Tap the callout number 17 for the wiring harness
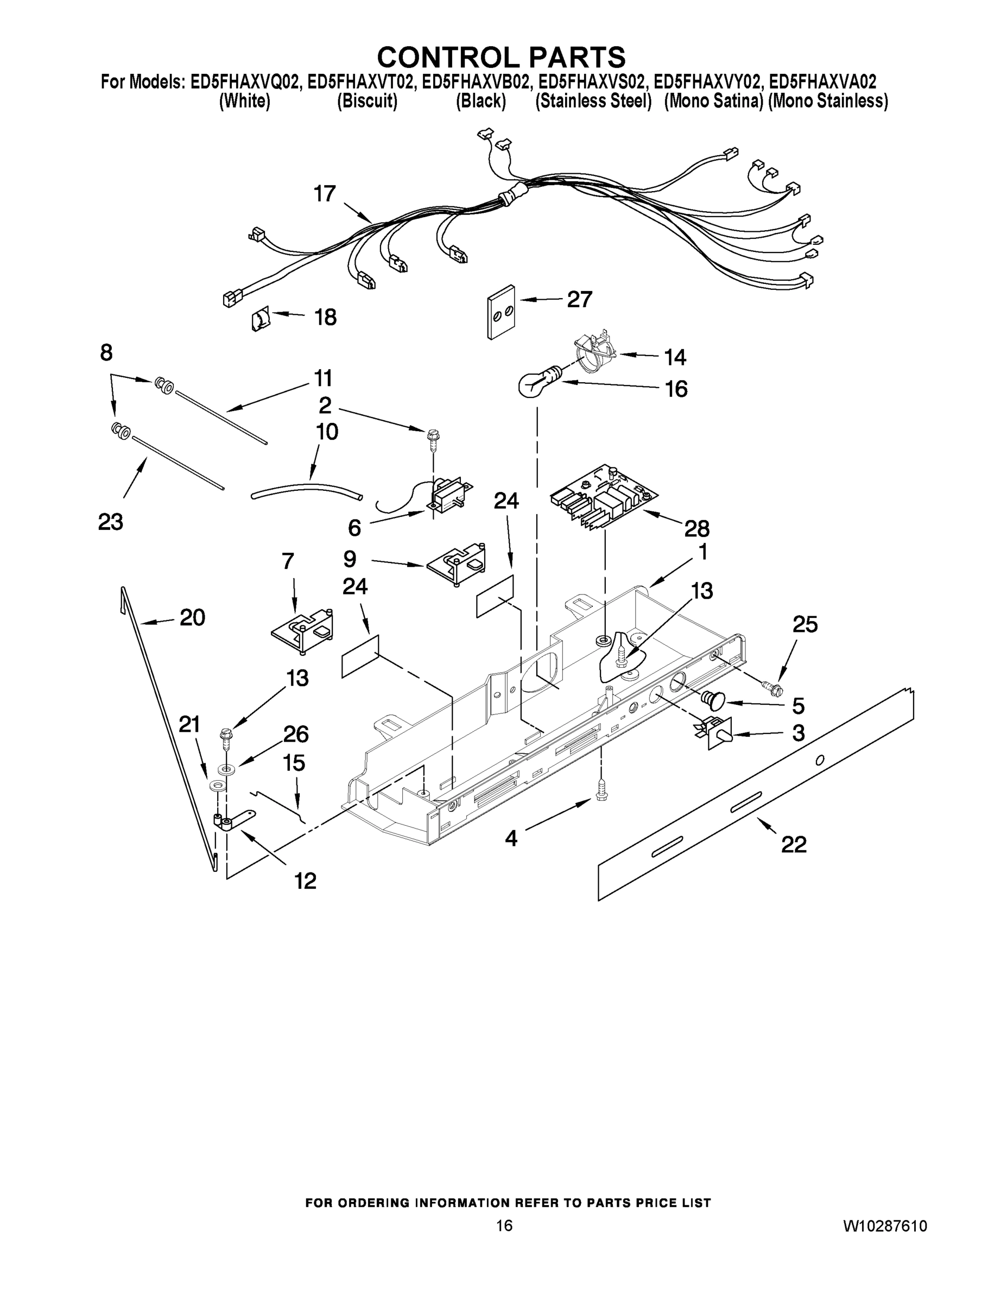[325, 194]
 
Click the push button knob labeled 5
[712, 699]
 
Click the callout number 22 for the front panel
[794, 844]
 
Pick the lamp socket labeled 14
[594, 353]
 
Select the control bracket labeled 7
[302, 631]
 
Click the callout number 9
[350, 559]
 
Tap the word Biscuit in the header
[367, 102]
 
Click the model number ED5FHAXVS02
[591, 82]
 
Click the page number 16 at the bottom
[504, 1225]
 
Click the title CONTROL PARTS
[501, 57]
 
